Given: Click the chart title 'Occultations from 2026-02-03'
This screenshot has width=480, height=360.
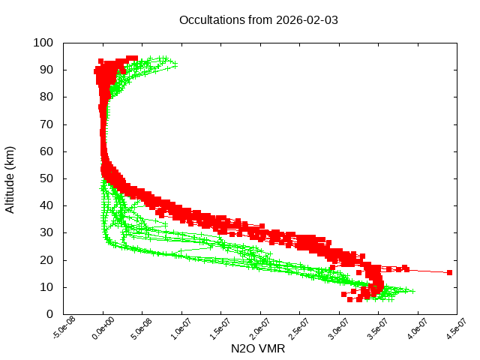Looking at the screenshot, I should (259, 19).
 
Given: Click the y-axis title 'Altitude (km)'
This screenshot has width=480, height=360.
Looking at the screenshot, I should (10, 178).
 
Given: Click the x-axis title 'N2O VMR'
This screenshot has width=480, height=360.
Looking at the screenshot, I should (259, 349).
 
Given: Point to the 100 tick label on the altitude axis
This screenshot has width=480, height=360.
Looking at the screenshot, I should (43, 43).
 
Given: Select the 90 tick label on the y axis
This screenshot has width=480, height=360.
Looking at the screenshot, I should (46, 70).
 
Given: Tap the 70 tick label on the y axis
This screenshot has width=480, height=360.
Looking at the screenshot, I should (46, 124).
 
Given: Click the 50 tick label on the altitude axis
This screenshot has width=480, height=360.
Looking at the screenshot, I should (46, 178).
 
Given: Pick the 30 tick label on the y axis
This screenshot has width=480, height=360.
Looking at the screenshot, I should (46, 232).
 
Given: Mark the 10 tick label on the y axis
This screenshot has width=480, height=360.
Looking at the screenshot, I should (46, 287).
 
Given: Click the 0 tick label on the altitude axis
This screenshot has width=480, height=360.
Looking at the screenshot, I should (49, 314).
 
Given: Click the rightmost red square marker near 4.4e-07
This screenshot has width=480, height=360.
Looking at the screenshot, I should (449, 272).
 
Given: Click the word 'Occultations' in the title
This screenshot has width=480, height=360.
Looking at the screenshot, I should (212, 19).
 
